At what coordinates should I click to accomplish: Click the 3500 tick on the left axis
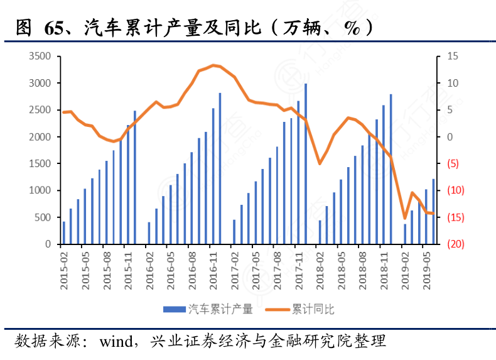tap(40, 57)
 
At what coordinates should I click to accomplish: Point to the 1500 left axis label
tap(40, 163)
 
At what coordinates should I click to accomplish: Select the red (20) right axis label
tap(455, 244)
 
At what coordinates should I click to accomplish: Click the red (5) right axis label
tap(453, 164)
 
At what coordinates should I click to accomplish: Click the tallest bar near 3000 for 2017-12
tap(306, 163)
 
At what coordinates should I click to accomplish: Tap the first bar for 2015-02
tap(64, 232)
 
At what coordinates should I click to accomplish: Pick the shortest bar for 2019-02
tap(405, 234)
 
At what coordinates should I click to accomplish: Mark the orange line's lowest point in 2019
tap(405, 218)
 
